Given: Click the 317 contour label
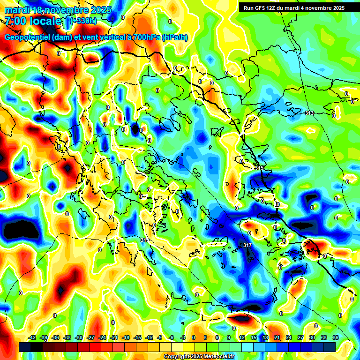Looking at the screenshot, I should [x=248, y=245].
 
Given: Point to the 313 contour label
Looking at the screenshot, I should [x=309, y=113].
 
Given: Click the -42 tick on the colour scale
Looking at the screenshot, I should [x=32, y=337].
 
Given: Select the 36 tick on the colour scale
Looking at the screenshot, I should [x=335, y=337].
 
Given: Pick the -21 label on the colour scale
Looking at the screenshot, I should [x=114, y=337].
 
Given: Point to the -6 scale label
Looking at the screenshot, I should [x=171, y=337].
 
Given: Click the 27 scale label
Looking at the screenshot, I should [x=300, y=337].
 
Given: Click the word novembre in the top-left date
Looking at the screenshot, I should [x=68, y=10].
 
